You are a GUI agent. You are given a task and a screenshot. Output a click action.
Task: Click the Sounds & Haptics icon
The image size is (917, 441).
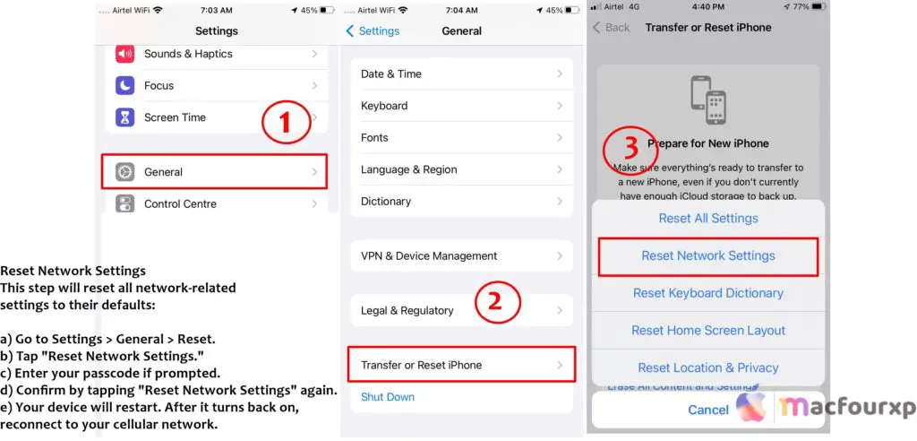coord(125,54)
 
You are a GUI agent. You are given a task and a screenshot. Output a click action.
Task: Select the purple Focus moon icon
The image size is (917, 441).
coord(125,86)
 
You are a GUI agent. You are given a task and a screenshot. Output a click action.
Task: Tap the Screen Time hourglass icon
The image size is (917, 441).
coord(125,117)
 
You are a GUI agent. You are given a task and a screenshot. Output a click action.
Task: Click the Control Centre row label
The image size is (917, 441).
coord(180,204)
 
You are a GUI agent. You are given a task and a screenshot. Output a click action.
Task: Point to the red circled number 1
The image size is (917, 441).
coord(286,124)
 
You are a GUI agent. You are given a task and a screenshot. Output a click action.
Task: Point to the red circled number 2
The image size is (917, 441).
coord(499,302)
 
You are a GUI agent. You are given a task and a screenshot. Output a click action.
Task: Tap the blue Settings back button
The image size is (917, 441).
coord(372,31)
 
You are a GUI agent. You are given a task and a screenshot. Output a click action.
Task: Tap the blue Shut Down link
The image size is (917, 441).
coord(389,396)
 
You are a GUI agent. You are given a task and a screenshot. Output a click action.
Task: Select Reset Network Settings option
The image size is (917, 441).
coord(707,256)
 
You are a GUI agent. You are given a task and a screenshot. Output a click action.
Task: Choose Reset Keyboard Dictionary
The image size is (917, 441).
coord(707,293)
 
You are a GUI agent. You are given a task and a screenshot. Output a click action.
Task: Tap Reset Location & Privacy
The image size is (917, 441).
coord(707,367)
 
